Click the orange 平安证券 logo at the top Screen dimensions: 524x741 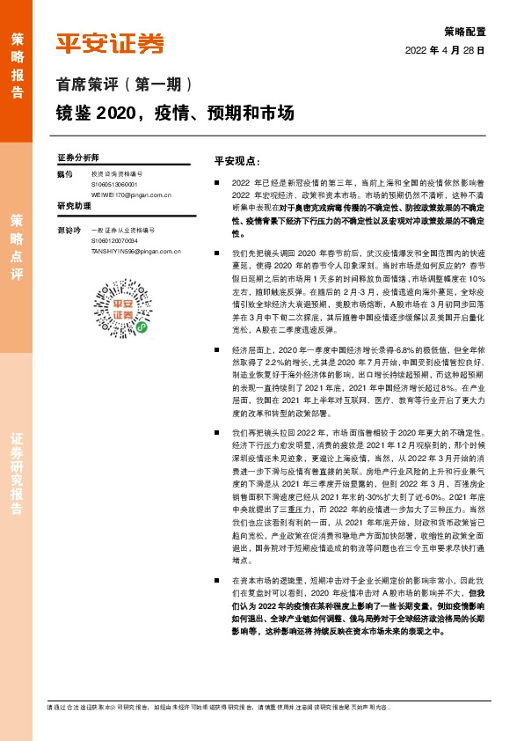coord(110,42)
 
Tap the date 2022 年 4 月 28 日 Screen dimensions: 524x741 coord(445,50)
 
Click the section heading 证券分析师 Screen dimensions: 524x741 coord(78,157)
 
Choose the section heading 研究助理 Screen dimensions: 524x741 coord(74,206)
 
